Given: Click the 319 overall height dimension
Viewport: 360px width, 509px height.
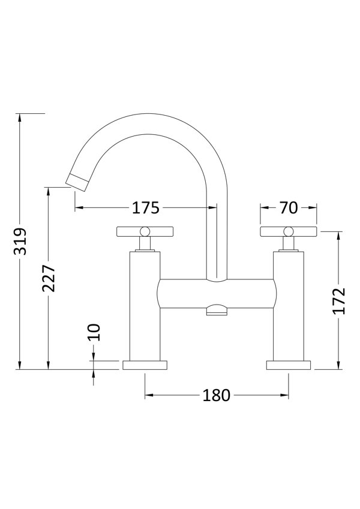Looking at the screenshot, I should [x=20, y=241].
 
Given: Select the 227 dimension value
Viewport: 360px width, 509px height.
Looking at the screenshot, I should [x=49, y=278].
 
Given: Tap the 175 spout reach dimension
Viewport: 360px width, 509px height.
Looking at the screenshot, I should [x=145, y=208].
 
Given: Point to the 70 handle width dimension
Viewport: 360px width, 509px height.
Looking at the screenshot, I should [x=288, y=208].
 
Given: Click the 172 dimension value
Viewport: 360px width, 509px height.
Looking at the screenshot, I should [x=340, y=301].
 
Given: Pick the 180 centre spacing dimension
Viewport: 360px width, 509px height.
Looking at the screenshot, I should [x=217, y=395].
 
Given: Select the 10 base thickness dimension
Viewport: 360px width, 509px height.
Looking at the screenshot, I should [x=94, y=332].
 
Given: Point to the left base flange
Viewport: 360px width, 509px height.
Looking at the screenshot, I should [x=145, y=365].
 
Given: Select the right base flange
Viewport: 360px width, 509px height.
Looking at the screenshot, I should [x=289, y=365].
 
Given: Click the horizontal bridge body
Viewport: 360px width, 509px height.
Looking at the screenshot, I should [x=217, y=294].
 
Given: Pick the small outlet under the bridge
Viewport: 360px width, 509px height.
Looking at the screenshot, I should [x=217, y=310].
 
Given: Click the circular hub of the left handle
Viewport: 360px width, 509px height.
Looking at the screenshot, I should [x=145, y=231].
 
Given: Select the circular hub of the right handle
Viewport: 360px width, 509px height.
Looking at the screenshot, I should [x=288, y=231].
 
